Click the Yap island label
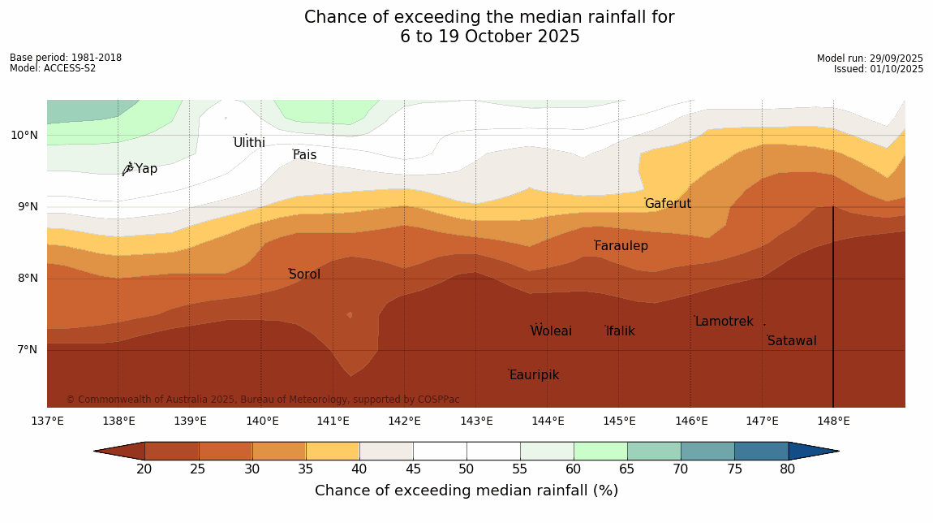tap(146, 169)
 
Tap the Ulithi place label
tap(249, 143)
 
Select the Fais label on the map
tap(305, 155)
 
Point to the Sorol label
tap(304, 274)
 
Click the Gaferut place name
tap(668, 204)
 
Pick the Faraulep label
tap(621, 246)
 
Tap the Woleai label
tap(551, 331)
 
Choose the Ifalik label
tap(621, 331)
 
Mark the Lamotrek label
tap(724, 322)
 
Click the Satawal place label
tap(792, 341)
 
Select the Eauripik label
tap(534, 375)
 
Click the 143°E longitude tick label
tap(476, 421)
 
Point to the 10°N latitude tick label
tap(24, 135)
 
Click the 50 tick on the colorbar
tap(466, 469)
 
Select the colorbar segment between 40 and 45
tap(386, 451)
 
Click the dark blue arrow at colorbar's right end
tap(813, 451)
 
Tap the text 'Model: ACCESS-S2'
tap(53, 68)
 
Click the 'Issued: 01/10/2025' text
tap(879, 69)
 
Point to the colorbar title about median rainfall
tap(466, 491)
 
